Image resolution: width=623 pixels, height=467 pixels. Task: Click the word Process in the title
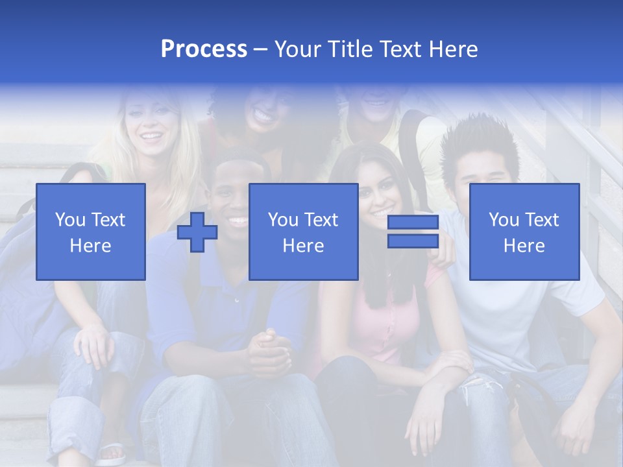(204, 49)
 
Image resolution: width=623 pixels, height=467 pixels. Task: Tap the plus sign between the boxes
(197, 232)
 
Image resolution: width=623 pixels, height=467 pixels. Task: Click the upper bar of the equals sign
(413, 222)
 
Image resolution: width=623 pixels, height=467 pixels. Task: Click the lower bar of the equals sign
(413, 241)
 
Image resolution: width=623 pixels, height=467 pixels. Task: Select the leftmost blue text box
(91, 232)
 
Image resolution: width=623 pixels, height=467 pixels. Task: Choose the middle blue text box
(304, 232)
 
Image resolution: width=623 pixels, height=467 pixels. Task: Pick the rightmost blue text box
(524, 232)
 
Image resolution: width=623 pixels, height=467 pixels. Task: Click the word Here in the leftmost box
(90, 246)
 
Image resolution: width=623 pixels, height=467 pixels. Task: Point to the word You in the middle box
(283, 220)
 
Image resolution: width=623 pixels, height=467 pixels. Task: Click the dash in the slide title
(261, 49)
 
